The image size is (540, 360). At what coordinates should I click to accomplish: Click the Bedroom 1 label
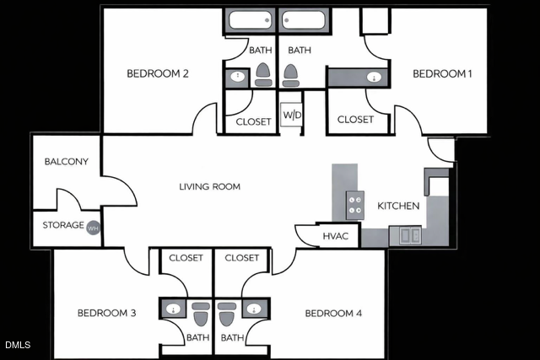click(441, 74)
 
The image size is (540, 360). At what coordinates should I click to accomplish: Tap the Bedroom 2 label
click(157, 73)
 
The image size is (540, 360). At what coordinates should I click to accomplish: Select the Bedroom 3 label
click(107, 314)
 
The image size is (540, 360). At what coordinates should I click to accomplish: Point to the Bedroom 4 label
click(333, 314)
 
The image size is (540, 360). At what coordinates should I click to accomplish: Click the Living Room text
click(210, 186)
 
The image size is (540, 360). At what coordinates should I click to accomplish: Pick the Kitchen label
click(398, 206)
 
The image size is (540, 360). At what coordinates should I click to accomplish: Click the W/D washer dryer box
click(292, 115)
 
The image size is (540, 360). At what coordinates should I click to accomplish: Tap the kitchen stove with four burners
click(355, 206)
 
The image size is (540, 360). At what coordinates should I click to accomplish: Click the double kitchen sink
click(410, 235)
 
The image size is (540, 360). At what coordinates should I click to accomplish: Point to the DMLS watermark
click(16, 345)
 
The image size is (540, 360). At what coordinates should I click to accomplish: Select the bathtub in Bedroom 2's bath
click(250, 20)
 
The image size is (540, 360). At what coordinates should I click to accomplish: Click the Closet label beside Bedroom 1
click(355, 120)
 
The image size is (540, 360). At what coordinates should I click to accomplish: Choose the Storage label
click(63, 225)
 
